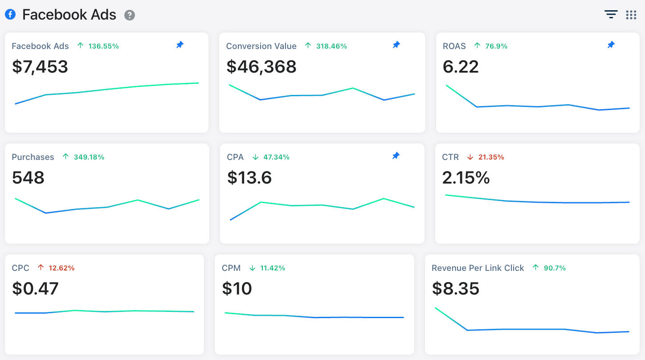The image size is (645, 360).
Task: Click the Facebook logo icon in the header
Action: (10, 14)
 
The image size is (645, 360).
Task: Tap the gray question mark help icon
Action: (130, 15)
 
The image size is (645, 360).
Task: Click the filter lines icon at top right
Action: (611, 14)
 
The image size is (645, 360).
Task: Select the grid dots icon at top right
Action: (631, 15)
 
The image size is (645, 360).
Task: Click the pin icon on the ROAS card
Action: (611, 45)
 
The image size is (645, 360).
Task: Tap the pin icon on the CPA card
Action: (396, 155)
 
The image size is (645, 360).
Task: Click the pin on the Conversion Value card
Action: (396, 45)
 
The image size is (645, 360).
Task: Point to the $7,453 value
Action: (40, 67)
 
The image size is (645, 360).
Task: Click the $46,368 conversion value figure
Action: (261, 67)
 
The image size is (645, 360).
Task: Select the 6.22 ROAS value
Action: (461, 67)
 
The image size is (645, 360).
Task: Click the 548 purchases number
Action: (28, 178)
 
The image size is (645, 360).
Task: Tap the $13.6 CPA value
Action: (249, 178)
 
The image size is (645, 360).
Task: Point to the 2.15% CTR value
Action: (466, 178)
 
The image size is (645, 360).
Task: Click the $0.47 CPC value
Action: (35, 289)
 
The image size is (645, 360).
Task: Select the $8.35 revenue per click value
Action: (456, 289)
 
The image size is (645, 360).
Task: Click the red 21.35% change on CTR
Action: (491, 157)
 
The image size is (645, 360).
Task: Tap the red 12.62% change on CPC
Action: (61, 268)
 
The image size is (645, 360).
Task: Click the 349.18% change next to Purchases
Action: (89, 157)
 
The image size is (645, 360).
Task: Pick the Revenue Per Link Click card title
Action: (478, 268)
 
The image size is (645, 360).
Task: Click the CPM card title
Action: (231, 268)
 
